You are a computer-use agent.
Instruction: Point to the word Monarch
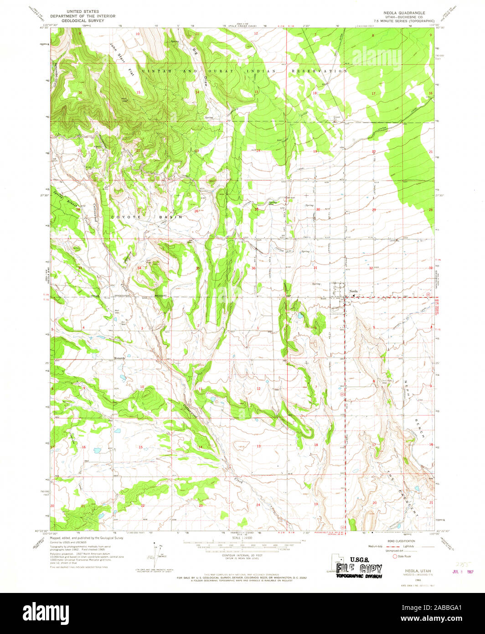click(x=120, y=359)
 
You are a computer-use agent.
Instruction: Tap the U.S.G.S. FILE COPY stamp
click(x=359, y=567)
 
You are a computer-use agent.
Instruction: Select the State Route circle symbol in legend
click(x=395, y=556)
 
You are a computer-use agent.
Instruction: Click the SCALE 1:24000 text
click(x=242, y=539)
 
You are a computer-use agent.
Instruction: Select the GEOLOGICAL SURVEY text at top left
click(x=83, y=21)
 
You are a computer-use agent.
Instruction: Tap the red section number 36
click(x=253, y=268)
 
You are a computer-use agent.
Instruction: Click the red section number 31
click(x=315, y=268)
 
